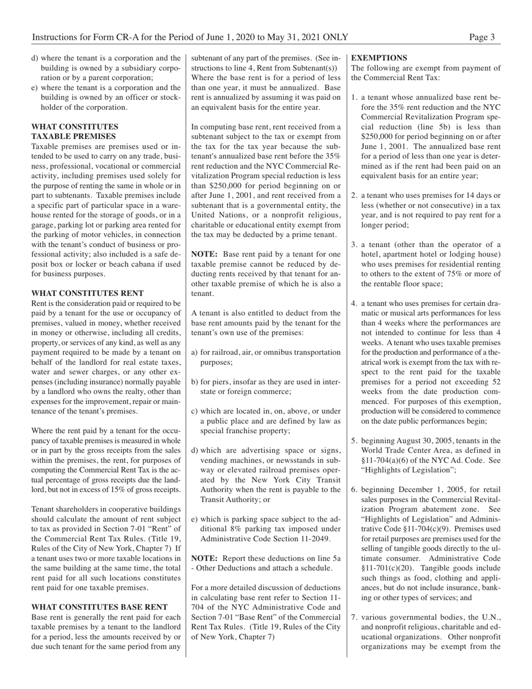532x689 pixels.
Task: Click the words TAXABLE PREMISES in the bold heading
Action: pyautogui.click(x=74, y=136)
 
